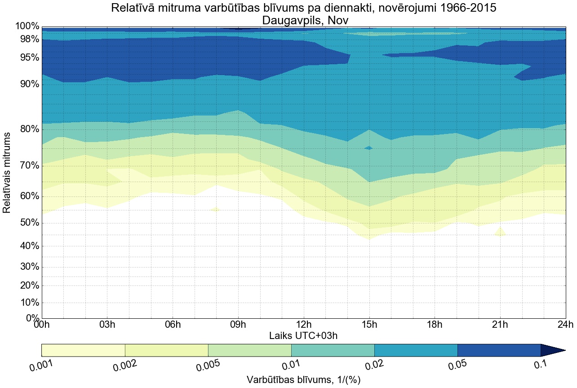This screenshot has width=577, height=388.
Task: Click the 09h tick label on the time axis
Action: coord(238,325)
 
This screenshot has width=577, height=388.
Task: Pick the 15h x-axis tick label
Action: coord(369,325)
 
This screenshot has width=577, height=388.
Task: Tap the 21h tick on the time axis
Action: coord(500,325)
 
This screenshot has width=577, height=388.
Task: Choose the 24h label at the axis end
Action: coord(565,325)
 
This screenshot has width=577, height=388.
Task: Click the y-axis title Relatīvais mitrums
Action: coord(7,173)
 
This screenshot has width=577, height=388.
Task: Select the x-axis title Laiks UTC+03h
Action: coord(303,335)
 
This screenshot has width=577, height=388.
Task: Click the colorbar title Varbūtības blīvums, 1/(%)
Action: coord(303,380)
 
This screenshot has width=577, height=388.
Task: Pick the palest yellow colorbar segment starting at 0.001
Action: coord(83,350)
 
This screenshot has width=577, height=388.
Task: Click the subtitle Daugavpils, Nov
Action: coord(303,20)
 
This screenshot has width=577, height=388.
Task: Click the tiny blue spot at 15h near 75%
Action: coord(369,147)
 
